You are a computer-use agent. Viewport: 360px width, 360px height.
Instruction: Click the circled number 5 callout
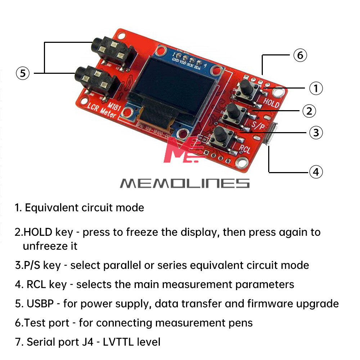point(23,73)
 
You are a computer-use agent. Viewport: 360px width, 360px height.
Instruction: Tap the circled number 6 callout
point(300,55)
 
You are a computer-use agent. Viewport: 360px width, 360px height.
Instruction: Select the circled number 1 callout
point(316,88)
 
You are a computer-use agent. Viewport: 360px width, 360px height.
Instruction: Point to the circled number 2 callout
point(309,111)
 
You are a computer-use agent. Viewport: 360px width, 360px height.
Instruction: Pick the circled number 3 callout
point(316,132)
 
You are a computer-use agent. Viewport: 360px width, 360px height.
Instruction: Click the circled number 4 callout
point(316,172)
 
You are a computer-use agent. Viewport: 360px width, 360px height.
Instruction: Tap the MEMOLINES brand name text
point(184,183)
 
